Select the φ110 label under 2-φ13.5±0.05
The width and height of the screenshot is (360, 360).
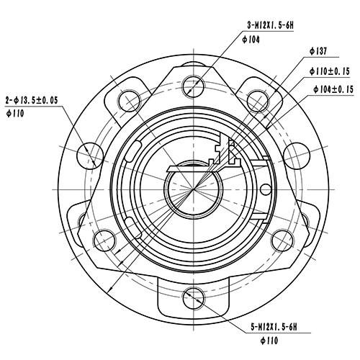pyautogui.click(x=16, y=114)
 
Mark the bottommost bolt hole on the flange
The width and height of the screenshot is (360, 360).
pyautogui.click(x=192, y=297)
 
